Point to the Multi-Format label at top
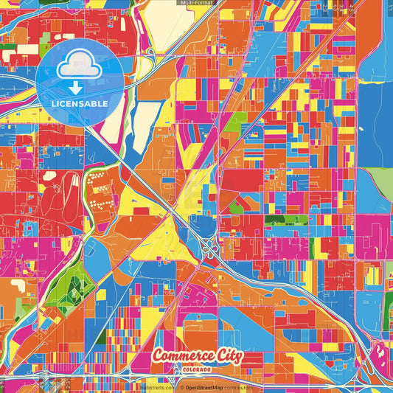pyautogui.click(x=196, y=4)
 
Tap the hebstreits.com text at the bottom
pyautogui.click(x=158, y=386)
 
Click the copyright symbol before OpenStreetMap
pyautogui.click(x=181, y=386)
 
